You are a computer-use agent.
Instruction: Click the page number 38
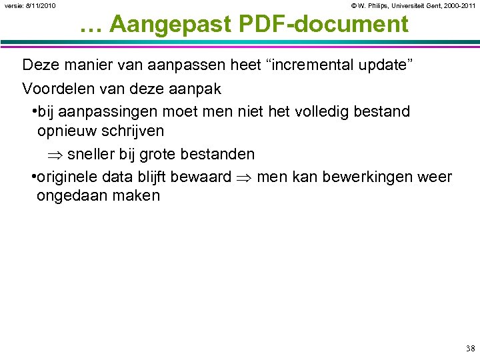coord(471,349)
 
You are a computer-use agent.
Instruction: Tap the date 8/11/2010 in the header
coord(41,6)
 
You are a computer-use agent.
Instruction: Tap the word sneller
coord(91,154)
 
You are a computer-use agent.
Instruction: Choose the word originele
coord(67,177)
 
